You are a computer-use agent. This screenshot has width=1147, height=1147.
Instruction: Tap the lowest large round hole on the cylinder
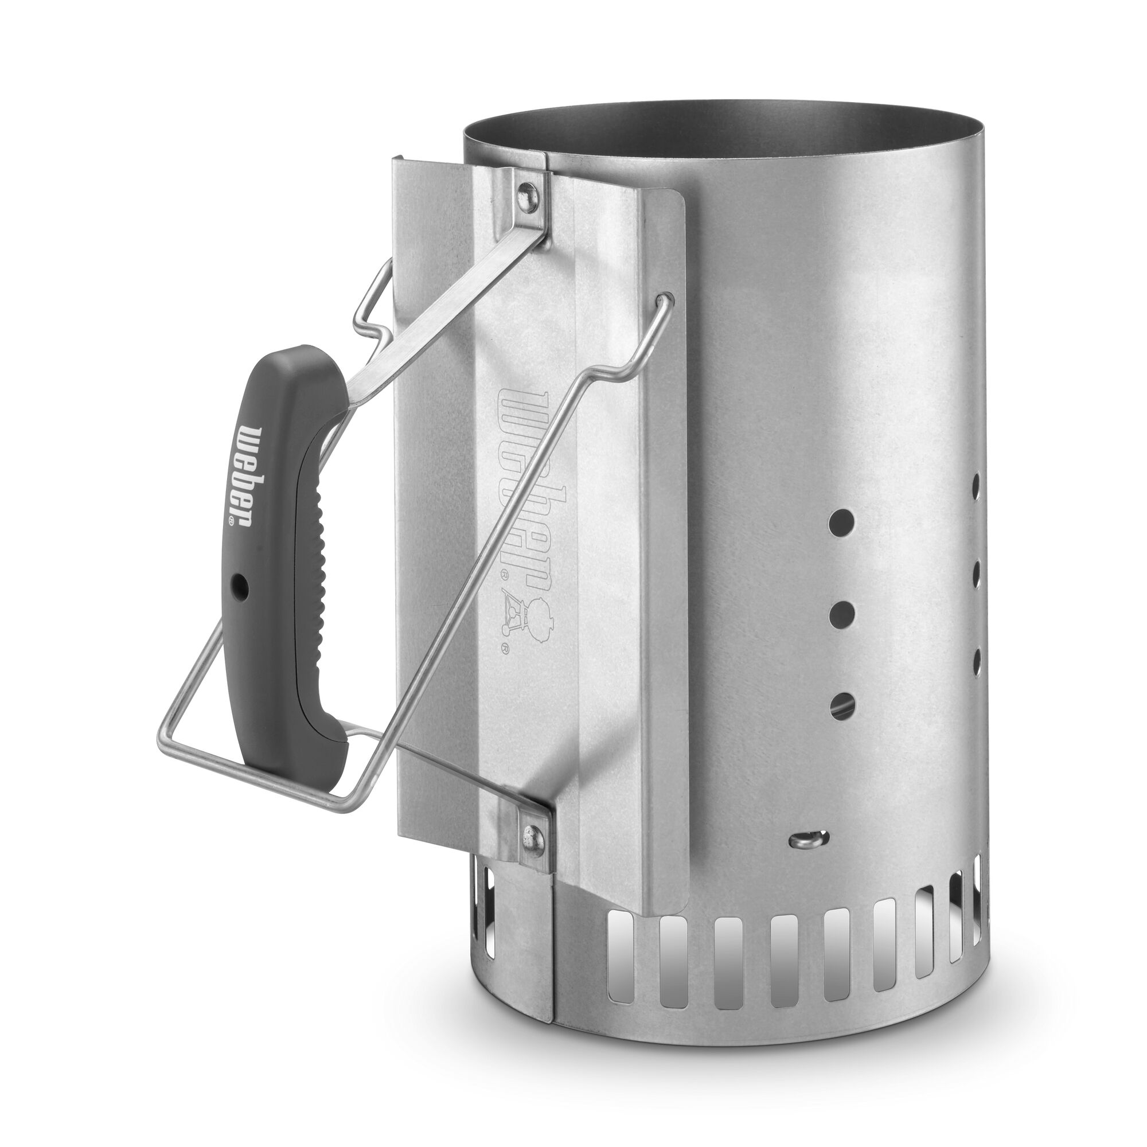[841, 704]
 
